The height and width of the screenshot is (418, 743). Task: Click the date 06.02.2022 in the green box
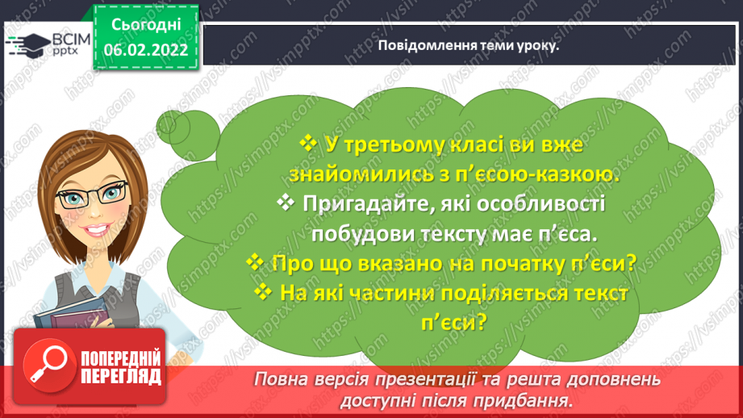[x=146, y=50]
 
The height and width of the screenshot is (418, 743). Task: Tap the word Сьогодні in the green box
[x=146, y=24]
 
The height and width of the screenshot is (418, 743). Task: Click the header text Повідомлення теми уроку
[x=468, y=45]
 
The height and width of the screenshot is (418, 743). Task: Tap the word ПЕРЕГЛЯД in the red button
[x=121, y=377]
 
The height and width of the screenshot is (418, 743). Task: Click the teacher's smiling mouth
[x=98, y=230]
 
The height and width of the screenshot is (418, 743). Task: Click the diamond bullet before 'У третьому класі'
[x=308, y=143]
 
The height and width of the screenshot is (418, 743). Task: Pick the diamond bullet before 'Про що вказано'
[x=254, y=262]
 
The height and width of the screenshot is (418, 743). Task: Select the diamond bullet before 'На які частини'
[x=262, y=291]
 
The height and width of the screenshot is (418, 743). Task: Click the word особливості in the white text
[x=541, y=204]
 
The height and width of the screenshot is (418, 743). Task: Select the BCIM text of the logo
[x=71, y=40]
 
